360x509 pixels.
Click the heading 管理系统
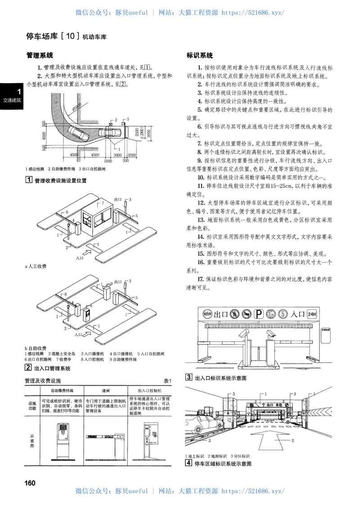40,56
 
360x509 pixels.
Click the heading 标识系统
200,56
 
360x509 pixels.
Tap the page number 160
30,483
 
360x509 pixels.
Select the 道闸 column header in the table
106,391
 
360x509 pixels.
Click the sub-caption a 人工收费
36,266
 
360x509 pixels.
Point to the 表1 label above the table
168,381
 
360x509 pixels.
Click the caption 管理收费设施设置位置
63,180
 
